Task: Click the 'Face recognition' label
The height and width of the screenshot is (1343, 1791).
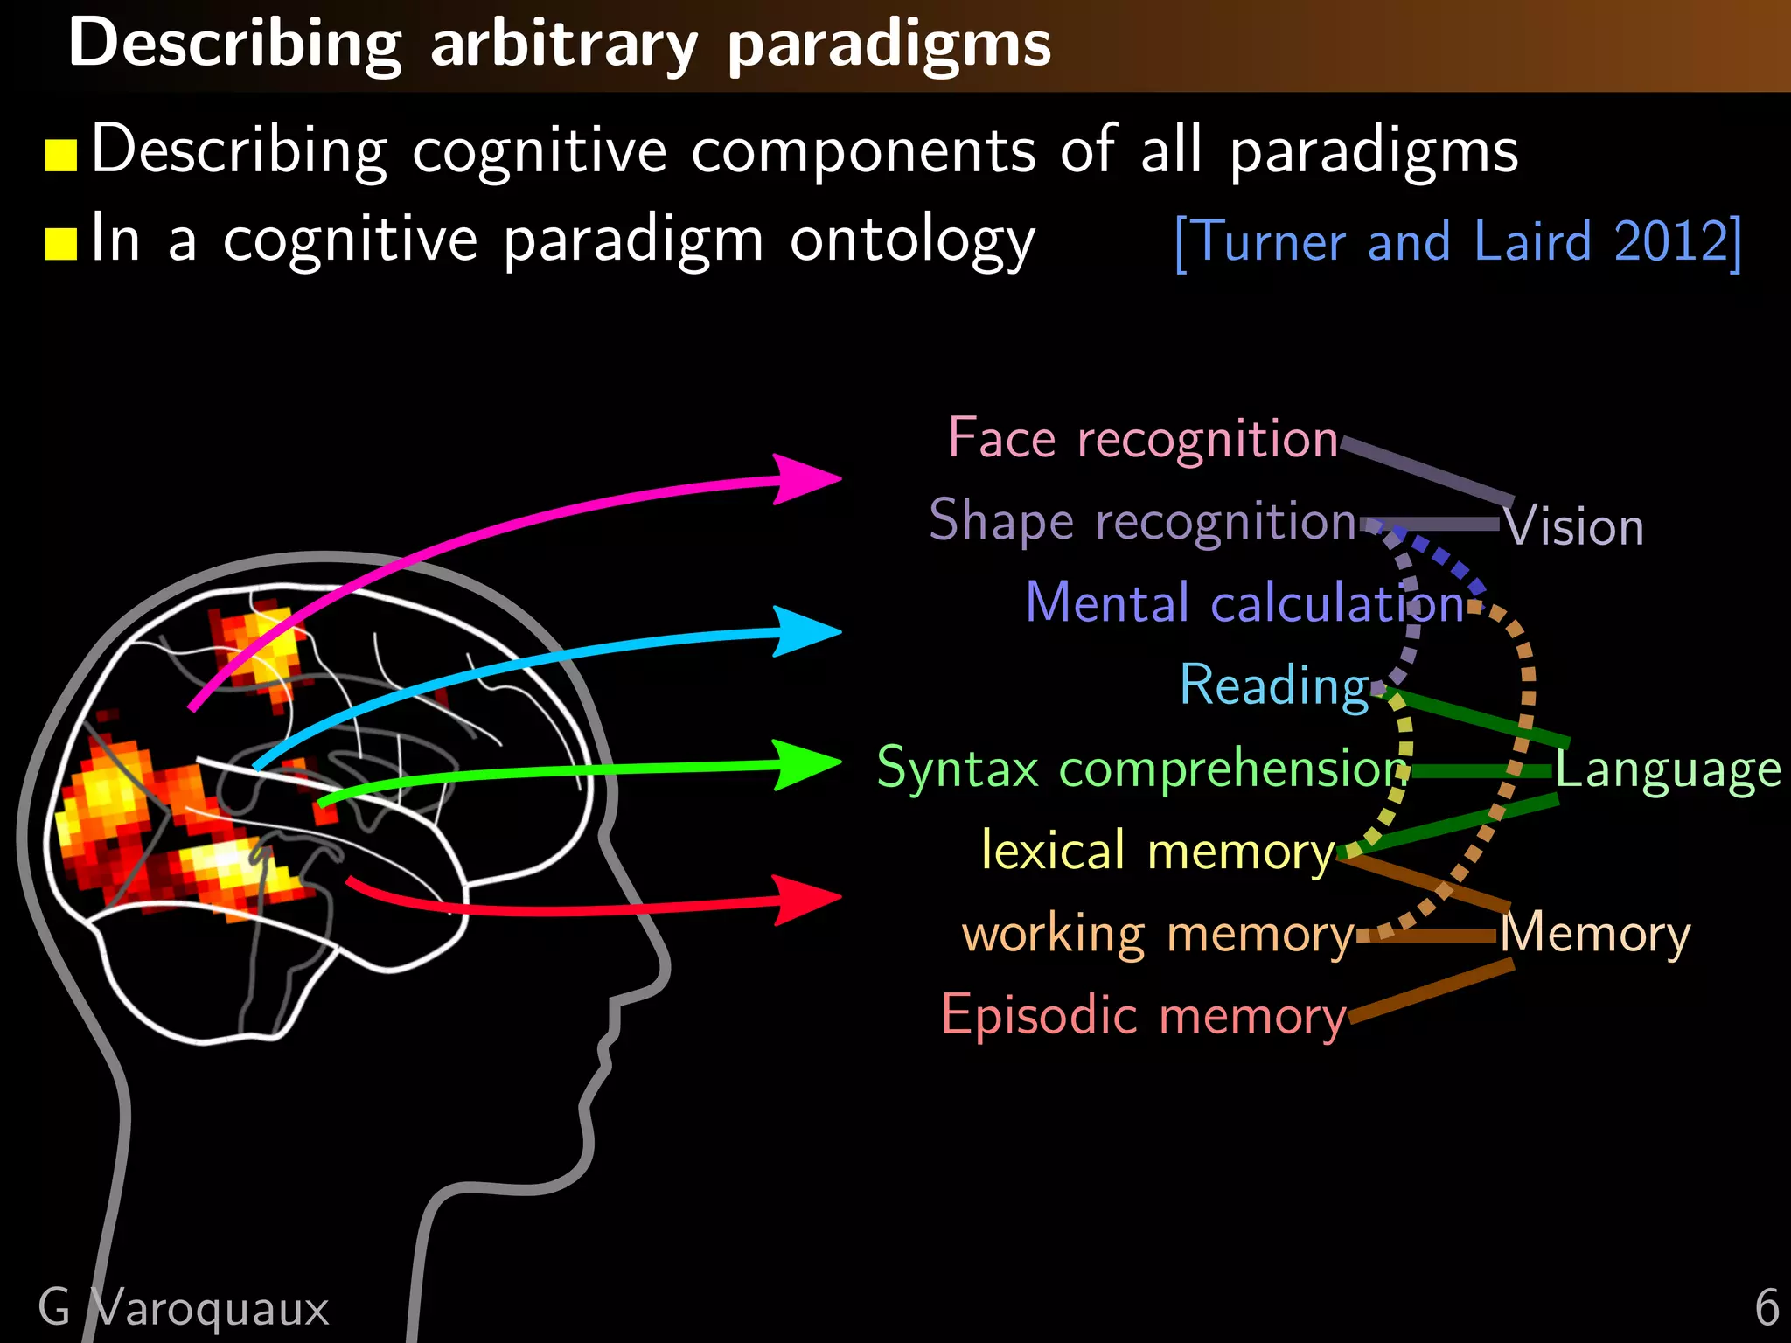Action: pos(1143,438)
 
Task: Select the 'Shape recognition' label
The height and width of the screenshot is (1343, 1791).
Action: pos(1142,521)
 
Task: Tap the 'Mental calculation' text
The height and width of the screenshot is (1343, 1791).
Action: pos(1244,603)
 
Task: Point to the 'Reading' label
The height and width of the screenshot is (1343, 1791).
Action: pos(1274,685)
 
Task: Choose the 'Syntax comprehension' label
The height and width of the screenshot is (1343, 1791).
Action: pos(1140,769)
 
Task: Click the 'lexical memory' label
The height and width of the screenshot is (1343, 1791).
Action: pos(1157,851)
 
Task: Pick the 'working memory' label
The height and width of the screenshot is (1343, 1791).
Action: pos(1157,934)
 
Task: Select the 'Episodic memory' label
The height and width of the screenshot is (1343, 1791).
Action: pos(1143,1016)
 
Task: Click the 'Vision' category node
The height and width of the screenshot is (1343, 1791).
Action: pos(1574,527)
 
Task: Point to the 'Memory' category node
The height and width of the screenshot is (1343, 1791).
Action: pos(1595,934)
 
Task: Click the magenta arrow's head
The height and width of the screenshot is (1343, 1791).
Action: pos(809,478)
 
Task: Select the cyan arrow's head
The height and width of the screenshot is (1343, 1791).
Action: pos(809,631)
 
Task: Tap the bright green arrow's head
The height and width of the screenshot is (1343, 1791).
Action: pos(809,764)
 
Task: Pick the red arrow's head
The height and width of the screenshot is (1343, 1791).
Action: pos(809,898)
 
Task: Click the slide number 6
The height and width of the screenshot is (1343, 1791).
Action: pos(1767,1307)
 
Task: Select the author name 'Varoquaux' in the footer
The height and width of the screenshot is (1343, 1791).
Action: pos(210,1308)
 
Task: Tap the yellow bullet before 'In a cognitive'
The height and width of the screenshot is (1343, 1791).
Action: pos(61,244)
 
